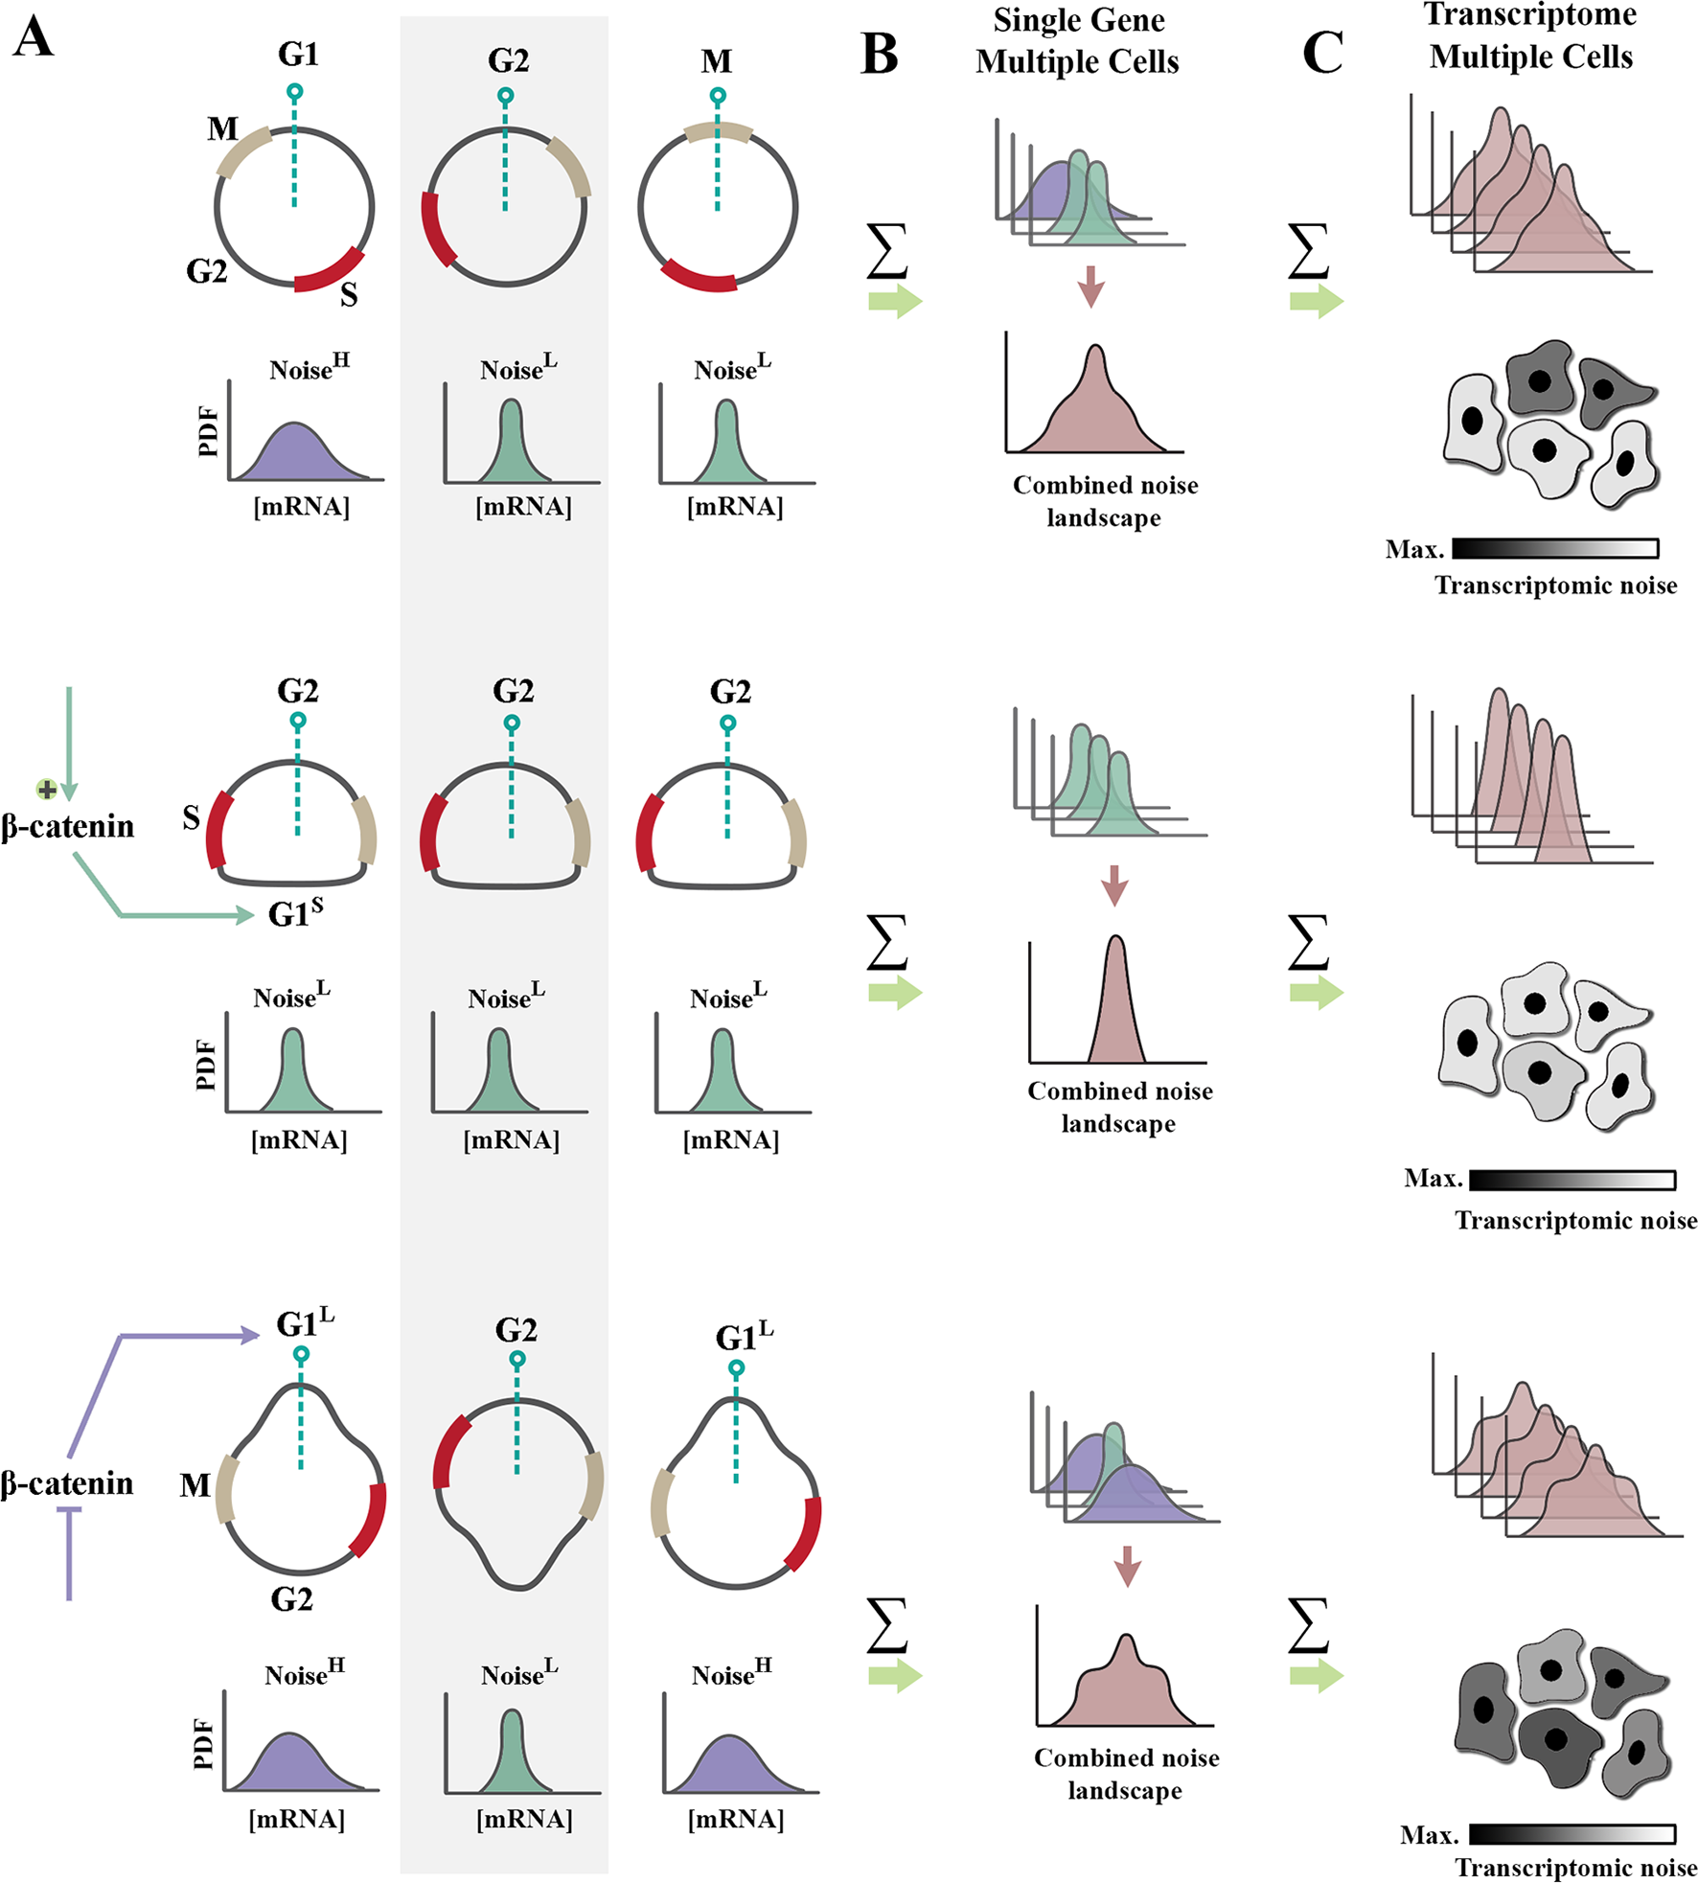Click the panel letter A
[x=33, y=39]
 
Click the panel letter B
[x=879, y=55]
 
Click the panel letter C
[x=1322, y=53]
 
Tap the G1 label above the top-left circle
[x=298, y=55]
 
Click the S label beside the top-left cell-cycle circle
[x=349, y=295]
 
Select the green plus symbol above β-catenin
[x=45, y=790]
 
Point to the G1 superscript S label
[x=295, y=913]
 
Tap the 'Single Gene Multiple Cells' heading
[x=1078, y=41]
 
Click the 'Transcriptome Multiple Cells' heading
[x=1530, y=36]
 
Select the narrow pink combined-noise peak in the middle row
[x=1115, y=1006]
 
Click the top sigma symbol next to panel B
[x=886, y=251]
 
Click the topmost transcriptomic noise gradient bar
[x=1554, y=548]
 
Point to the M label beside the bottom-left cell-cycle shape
[x=195, y=1485]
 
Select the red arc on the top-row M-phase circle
[x=698, y=277]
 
